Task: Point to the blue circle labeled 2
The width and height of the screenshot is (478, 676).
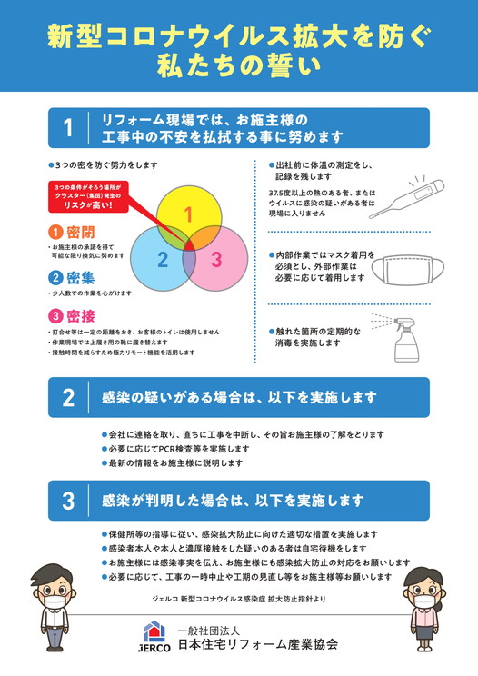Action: click(x=159, y=261)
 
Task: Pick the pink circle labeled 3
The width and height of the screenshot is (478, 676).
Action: click(x=218, y=261)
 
